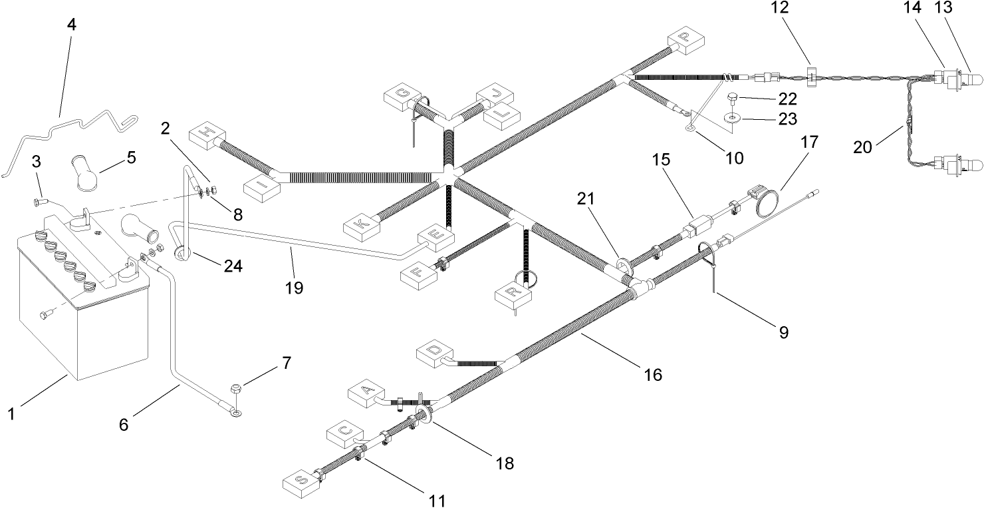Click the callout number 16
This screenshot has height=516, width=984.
tap(653, 375)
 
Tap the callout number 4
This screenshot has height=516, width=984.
tap(71, 25)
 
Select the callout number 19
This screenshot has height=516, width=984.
tap(294, 288)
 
